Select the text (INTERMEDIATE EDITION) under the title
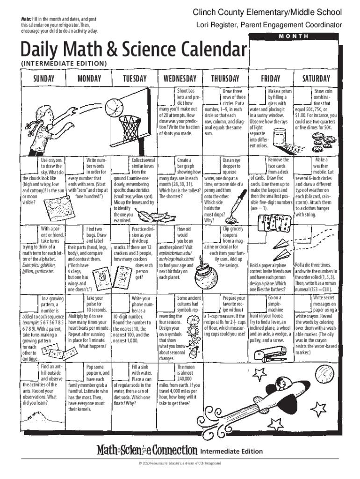(x=63, y=63)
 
